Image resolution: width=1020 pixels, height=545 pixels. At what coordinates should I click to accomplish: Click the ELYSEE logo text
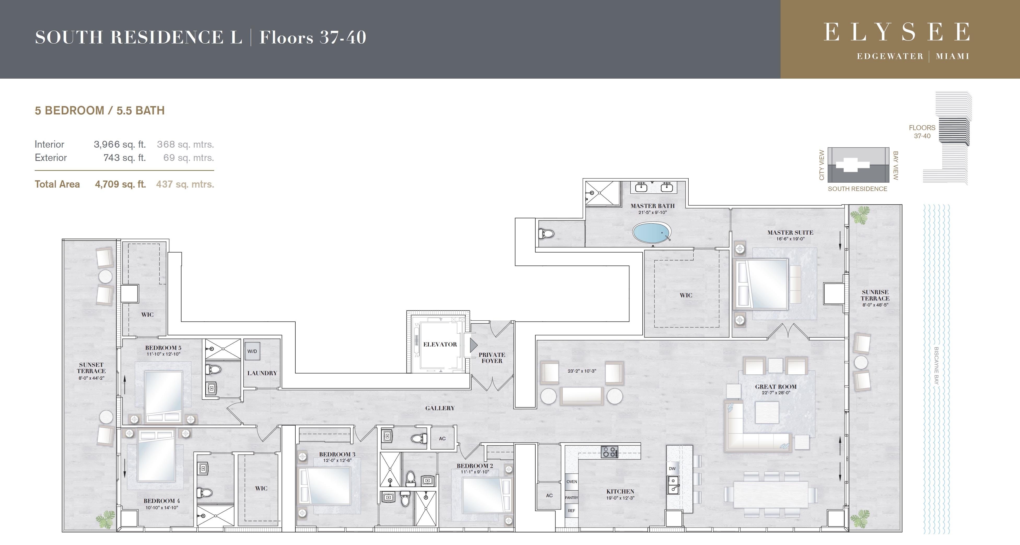point(896,32)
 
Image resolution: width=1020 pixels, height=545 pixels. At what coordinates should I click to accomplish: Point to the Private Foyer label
point(492,358)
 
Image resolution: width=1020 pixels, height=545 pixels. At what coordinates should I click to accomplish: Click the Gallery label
point(440,408)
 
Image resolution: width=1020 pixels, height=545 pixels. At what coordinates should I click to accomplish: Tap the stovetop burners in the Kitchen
point(609,452)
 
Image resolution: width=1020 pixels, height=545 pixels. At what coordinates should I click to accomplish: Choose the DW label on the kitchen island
point(672,468)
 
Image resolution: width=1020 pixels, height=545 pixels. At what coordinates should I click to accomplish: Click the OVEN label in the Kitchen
point(571,482)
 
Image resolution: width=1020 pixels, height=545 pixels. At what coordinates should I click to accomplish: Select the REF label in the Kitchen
point(571,511)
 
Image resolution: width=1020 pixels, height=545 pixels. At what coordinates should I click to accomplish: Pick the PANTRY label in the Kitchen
point(571,497)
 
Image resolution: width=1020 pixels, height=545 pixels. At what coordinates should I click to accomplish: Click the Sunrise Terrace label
point(875,295)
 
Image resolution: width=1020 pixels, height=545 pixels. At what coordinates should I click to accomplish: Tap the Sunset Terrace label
point(91,368)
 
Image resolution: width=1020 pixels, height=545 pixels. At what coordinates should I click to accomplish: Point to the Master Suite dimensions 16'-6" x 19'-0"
point(790,239)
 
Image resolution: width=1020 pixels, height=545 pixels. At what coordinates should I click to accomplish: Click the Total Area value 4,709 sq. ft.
point(120,184)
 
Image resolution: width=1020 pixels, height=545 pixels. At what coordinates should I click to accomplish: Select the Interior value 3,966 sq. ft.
point(120,144)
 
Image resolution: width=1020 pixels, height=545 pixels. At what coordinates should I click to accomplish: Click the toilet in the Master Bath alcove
point(546,234)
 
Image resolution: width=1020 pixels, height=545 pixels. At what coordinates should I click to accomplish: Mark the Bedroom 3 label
point(337,454)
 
